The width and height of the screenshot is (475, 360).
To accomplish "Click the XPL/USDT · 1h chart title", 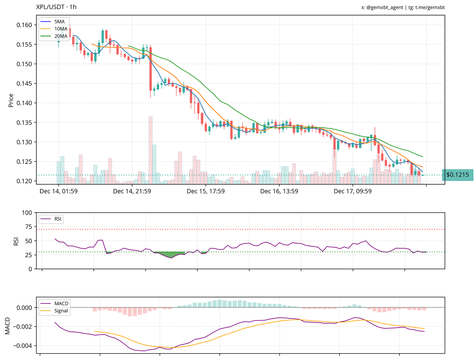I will [x=56, y=7].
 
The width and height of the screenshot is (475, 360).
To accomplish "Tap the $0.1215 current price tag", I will [x=457, y=175].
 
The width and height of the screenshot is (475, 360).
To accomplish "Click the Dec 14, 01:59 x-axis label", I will [x=58, y=191].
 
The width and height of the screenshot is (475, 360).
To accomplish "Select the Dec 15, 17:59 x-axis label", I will [x=206, y=191].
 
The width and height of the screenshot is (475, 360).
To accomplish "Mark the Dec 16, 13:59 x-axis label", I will [x=279, y=191].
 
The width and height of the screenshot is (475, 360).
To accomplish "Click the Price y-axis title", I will [x=11, y=100].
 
